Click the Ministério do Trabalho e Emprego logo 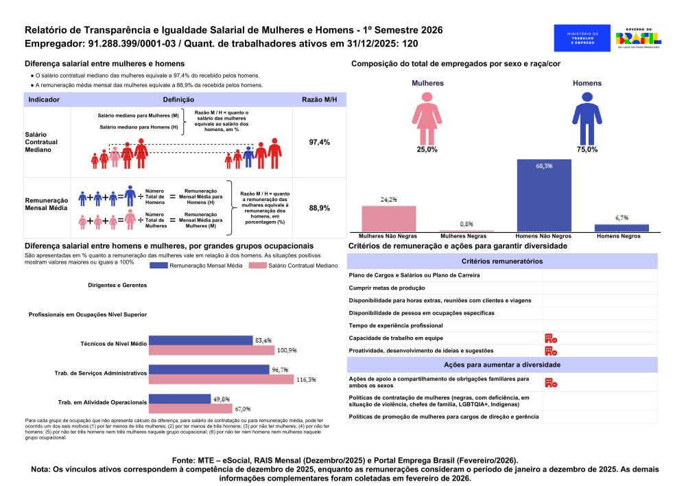click(582, 38)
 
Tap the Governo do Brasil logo click(639, 37)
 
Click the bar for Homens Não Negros click(543, 195)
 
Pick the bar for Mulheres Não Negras click(388, 218)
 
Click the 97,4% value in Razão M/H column click(320, 142)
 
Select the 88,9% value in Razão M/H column click(320, 207)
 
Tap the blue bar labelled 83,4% click(200, 340)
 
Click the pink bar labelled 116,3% click(221, 380)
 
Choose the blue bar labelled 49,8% click(180, 399)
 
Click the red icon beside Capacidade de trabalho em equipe click(550, 338)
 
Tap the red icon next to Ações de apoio click(550, 382)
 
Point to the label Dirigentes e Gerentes click(117, 285)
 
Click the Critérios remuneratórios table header click(502, 261)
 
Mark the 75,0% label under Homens click(587, 150)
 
